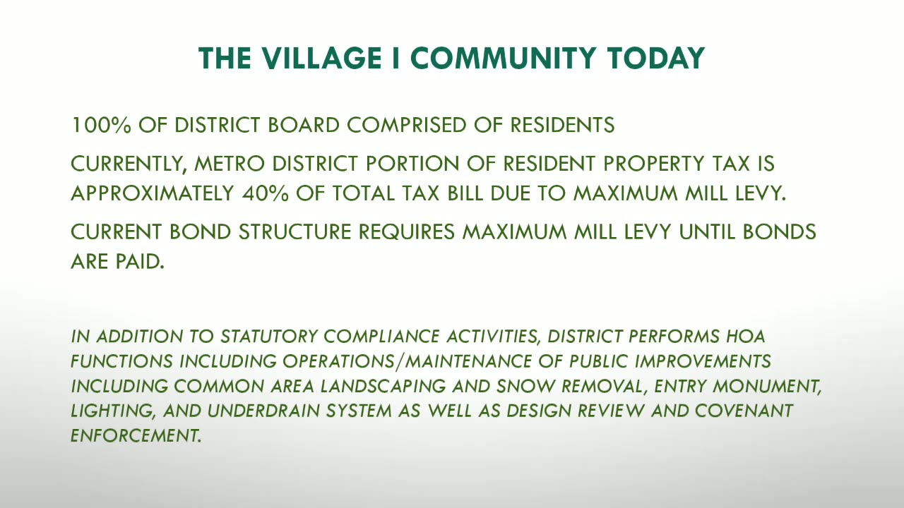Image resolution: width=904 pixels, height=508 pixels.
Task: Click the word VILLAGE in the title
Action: point(322,59)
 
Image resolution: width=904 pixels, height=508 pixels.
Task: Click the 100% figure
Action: point(101,125)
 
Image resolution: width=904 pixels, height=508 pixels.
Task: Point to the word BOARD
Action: point(304,125)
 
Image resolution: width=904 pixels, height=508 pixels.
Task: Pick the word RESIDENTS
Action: point(562,125)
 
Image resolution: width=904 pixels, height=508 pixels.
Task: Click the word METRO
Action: point(230,164)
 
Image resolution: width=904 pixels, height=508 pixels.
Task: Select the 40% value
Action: point(265,193)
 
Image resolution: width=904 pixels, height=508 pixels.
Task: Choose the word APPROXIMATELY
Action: point(153,193)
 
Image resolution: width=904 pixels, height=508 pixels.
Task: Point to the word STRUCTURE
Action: point(295,232)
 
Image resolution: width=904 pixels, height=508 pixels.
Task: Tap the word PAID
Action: point(140,262)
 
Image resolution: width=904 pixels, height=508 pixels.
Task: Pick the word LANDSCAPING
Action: point(383,386)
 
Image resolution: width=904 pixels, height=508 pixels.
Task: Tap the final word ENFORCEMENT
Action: point(136,436)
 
